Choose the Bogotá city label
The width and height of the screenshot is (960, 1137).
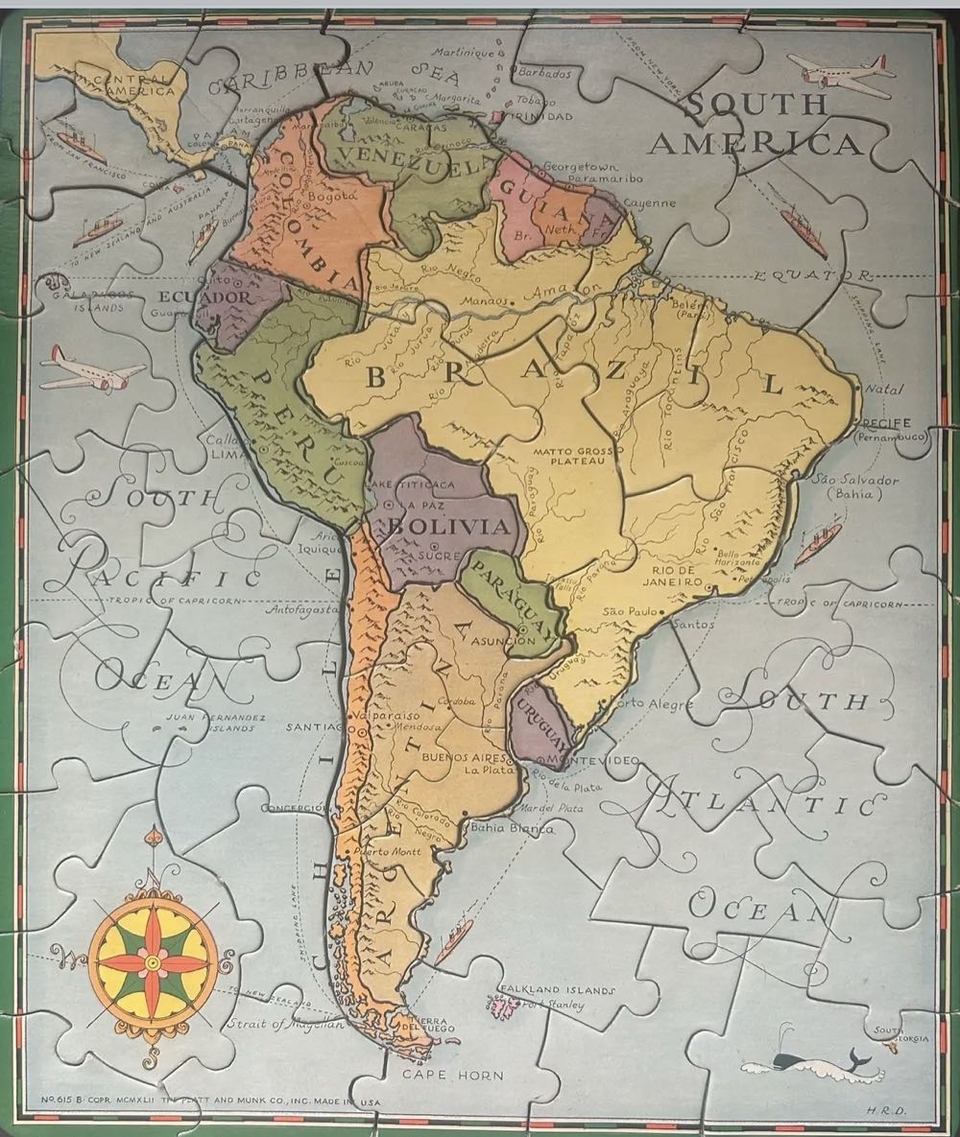tap(334, 196)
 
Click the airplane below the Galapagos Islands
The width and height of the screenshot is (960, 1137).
tap(91, 369)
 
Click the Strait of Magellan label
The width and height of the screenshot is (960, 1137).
tap(285, 1024)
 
